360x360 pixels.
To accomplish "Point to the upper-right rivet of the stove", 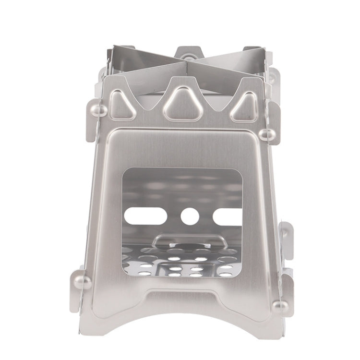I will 269,134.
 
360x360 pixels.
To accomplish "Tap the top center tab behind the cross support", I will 188,51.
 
